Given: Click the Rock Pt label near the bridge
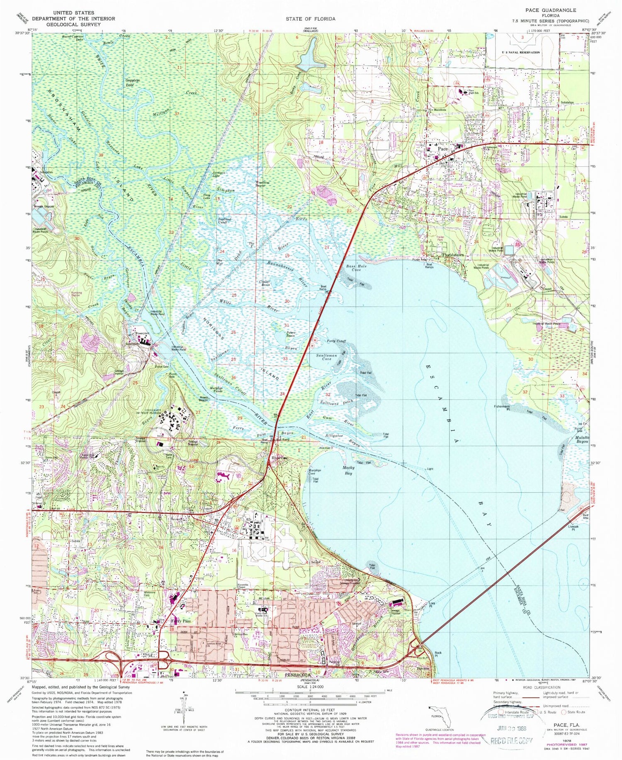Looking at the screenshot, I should click(438, 655).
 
